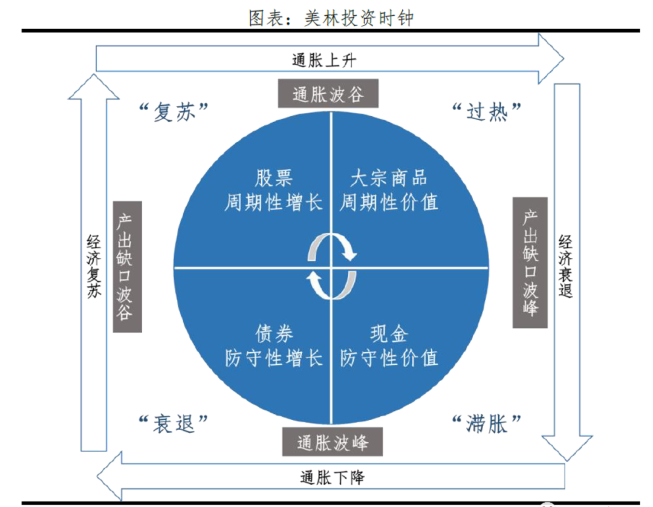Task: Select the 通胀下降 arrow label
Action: coord(332,477)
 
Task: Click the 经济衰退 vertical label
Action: coord(566,266)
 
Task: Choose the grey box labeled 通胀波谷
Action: coord(328,94)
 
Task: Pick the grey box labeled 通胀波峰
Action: coord(333,442)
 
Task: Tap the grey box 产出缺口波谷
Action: coord(127,267)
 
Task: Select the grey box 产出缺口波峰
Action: coord(530,263)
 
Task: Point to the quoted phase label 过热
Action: coord(487,112)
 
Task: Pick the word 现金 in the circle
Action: coord(389,334)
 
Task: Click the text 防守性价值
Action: coord(389,358)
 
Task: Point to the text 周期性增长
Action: coord(273,202)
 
